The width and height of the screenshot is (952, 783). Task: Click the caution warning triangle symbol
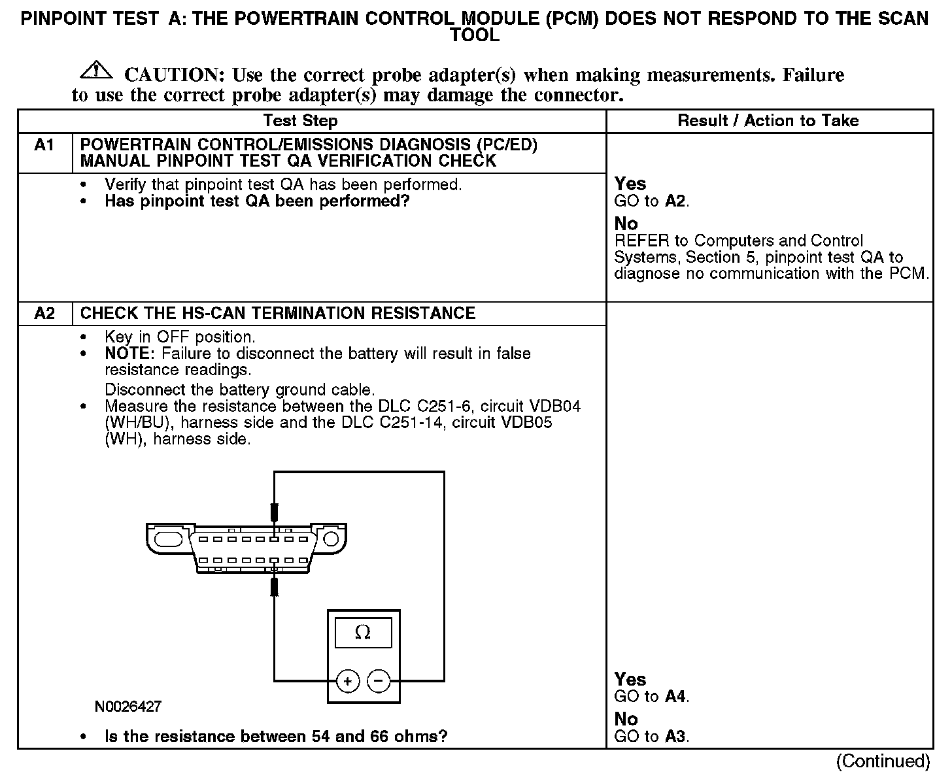pos(95,69)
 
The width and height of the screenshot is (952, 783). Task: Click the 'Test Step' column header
pos(300,121)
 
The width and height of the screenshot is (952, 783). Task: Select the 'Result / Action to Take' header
pos(768,121)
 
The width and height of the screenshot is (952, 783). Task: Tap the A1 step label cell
pos(44,145)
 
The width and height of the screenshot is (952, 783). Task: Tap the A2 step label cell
pos(44,314)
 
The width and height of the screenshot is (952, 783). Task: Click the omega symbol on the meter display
pos(362,633)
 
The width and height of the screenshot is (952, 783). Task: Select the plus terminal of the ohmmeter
pos(348,682)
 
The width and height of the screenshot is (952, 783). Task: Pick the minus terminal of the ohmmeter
pos(379,682)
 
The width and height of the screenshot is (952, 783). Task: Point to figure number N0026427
pos(127,707)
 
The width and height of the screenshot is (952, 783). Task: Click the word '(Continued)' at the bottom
pos(883,761)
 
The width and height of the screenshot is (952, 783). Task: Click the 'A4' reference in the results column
pos(675,697)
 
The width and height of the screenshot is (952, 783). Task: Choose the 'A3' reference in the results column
pos(675,737)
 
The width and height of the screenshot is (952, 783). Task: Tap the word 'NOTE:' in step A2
pos(130,354)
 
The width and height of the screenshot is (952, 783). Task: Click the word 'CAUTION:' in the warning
pos(175,75)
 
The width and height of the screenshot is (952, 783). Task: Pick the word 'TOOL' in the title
pos(475,36)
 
